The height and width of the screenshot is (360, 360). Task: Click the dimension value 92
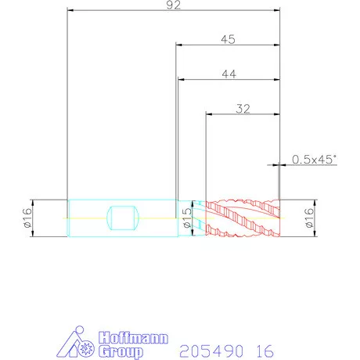coord(174,5)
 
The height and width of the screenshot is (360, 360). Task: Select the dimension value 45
coord(228,39)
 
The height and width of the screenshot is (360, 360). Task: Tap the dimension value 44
coord(229,74)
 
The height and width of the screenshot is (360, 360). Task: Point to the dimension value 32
coord(243,109)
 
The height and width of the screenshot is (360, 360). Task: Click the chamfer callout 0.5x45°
coord(314,160)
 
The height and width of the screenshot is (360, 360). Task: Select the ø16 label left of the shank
coord(27,218)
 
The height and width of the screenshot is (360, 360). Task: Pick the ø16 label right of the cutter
coord(309,218)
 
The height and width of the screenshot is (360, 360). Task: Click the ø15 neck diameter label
coord(187,218)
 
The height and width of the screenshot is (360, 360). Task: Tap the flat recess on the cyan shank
coord(123,218)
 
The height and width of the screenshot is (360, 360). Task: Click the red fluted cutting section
coord(243,218)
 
